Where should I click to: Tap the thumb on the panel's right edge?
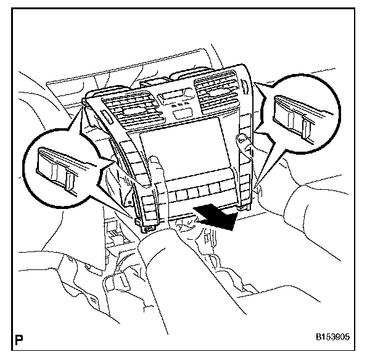pos(244,143)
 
